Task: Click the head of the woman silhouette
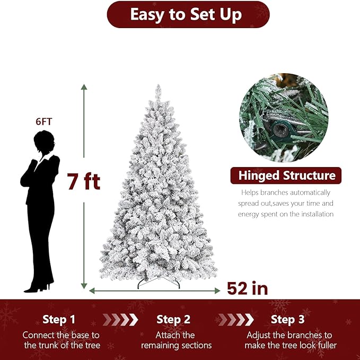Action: click(x=43, y=142)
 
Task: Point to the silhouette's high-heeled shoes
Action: click(x=39, y=288)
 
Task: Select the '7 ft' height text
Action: click(x=83, y=182)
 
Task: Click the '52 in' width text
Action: click(x=248, y=288)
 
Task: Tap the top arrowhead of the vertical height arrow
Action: click(x=84, y=87)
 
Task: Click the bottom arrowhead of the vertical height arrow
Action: click(x=84, y=286)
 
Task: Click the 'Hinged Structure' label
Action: click(x=286, y=175)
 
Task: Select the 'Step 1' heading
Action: click(x=59, y=320)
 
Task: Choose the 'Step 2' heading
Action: click(x=173, y=320)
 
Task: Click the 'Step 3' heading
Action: click(x=287, y=320)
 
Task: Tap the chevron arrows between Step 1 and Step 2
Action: click(x=119, y=320)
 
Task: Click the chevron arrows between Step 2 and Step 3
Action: click(x=235, y=320)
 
